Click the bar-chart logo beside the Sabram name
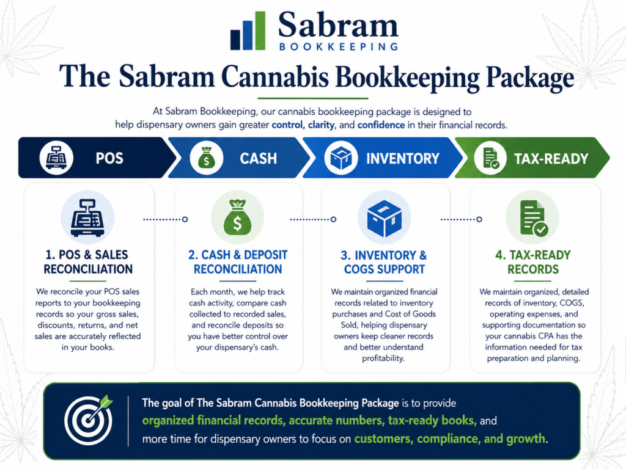click(248, 31)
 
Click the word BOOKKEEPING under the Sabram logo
click(339, 46)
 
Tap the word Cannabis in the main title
click(274, 76)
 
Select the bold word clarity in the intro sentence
click(321, 125)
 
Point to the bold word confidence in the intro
click(381, 125)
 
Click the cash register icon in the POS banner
click(56, 158)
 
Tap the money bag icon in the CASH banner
click(207, 158)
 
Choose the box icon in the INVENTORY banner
click(341, 158)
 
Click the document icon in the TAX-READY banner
click(491, 158)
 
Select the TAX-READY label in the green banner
click(551, 159)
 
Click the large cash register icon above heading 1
click(87, 218)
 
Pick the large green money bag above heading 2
click(237, 218)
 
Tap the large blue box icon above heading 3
click(385, 218)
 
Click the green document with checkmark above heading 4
click(534, 218)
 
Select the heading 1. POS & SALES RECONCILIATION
click(88, 262)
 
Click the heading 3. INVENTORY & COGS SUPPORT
click(384, 262)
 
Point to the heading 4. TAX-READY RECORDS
click(533, 262)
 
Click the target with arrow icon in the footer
click(89, 420)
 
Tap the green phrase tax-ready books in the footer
click(432, 420)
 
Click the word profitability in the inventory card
click(383, 358)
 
